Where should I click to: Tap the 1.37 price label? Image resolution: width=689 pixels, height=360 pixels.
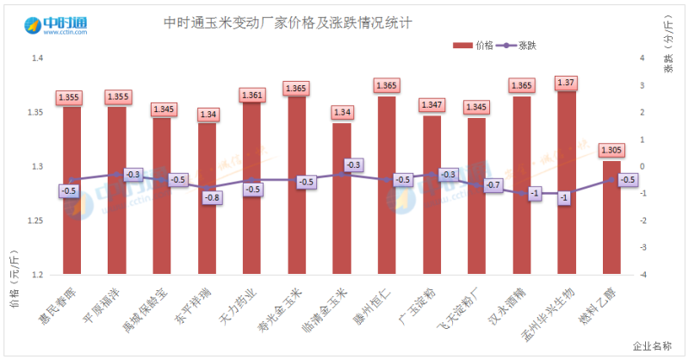(566, 83)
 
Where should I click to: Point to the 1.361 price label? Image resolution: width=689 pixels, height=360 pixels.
(251, 95)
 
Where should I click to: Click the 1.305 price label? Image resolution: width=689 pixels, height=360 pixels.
(611, 150)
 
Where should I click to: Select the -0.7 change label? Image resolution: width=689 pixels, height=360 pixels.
(493, 185)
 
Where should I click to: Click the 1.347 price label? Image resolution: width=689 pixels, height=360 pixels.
(431, 105)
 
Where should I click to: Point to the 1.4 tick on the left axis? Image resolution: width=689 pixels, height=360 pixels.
(37, 59)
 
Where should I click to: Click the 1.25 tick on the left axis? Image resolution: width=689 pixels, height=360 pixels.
(35, 221)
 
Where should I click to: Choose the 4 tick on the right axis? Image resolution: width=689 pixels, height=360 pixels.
(642, 59)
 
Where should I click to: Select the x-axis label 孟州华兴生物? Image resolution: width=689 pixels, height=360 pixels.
(548, 312)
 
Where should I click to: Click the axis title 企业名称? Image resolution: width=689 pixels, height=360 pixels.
(652, 346)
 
